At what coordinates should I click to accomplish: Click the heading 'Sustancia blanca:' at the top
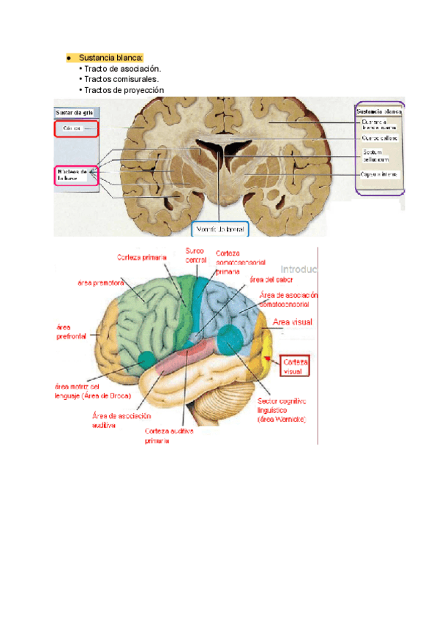coord(111,58)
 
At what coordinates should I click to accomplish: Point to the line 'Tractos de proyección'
coord(124,90)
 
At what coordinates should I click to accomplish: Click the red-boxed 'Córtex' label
coord(75,130)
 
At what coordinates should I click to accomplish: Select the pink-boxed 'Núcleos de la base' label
coord(75,176)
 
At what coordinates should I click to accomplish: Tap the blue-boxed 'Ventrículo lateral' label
coord(220,229)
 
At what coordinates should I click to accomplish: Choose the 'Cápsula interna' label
coord(379,174)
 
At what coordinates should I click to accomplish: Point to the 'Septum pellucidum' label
coord(374,156)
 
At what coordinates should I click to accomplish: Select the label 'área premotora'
coord(100,282)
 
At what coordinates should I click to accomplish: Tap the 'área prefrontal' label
coord(71,332)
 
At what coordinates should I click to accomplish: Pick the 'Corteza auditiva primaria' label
coord(169,436)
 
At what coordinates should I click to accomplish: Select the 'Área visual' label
coord(293,321)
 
